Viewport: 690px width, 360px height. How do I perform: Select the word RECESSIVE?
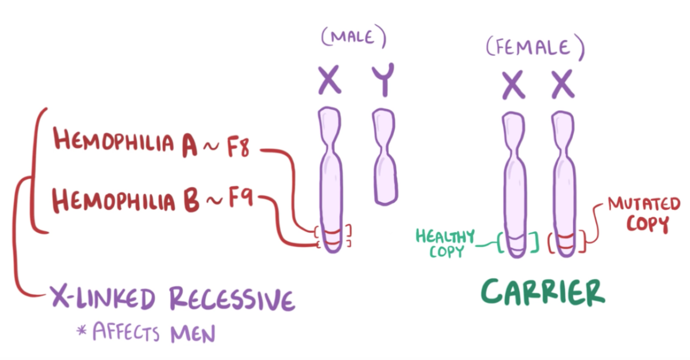pyautogui.click(x=231, y=298)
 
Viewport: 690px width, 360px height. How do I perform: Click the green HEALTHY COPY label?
pyautogui.click(x=445, y=244)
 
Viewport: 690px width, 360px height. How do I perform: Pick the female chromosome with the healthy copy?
pyautogui.click(x=514, y=181)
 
